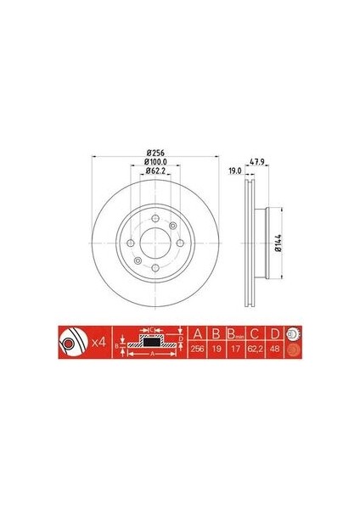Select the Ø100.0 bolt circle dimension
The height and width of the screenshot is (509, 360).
click(154, 161)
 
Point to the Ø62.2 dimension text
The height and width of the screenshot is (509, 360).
click(154, 171)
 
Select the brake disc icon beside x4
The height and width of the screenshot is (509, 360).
click(70, 341)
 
